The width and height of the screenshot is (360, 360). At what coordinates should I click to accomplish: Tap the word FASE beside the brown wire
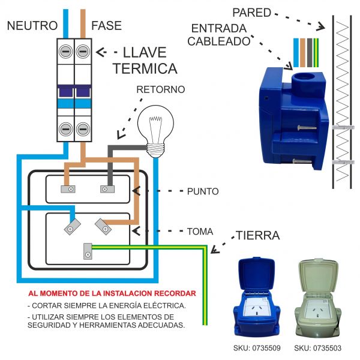pos(106,26)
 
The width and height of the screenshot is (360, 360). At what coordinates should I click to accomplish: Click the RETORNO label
pos(160,89)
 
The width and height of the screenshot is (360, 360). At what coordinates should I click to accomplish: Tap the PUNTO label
pos(203,191)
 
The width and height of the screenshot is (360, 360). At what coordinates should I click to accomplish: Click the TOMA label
pos(200,230)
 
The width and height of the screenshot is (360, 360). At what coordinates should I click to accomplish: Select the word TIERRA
pos(257,235)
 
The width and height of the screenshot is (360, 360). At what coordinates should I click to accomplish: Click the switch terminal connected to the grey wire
pos(107,189)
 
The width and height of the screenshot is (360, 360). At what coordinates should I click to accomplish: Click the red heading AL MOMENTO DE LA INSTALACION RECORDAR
pos(112,293)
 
